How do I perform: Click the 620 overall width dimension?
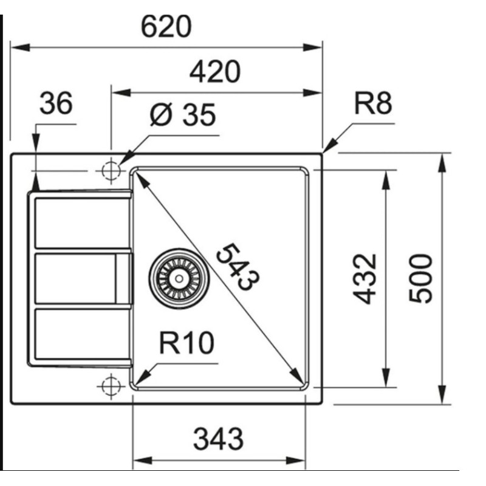pyautogui.click(x=166, y=27)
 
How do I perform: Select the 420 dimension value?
pyautogui.click(x=215, y=72)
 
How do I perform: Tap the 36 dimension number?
pyautogui.click(x=56, y=103)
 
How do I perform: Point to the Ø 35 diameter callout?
pyautogui.click(x=182, y=115)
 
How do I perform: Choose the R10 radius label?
pyautogui.click(x=187, y=343)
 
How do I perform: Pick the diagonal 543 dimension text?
pyautogui.click(x=238, y=267)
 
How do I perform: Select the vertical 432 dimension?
pyautogui.click(x=365, y=279)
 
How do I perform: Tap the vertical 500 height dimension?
pyautogui.click(x=420, y=278)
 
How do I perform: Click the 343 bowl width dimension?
pyautogui.click(x=218, y=439)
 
